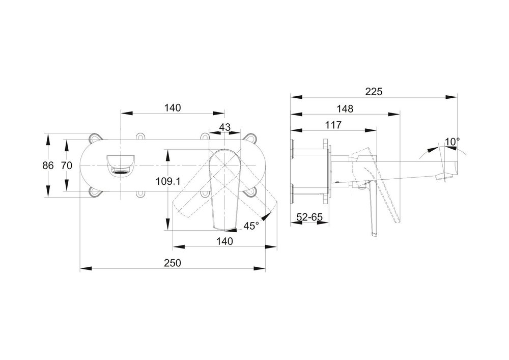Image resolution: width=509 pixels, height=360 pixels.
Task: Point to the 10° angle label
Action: tap(451, 141)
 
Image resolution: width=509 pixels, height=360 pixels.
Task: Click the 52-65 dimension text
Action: tap(309, 216)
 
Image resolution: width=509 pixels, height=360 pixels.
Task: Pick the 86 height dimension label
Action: tap(48, 165)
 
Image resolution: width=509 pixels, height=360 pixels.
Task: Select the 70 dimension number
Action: tap(66, 165)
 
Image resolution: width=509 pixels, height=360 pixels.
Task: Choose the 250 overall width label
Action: tap(173, 263)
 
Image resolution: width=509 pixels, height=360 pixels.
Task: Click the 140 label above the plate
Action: tap(173, 107)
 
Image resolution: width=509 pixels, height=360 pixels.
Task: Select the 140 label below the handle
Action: tap(224, 241)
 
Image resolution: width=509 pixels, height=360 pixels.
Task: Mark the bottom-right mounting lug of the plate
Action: tap(250, 193)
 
